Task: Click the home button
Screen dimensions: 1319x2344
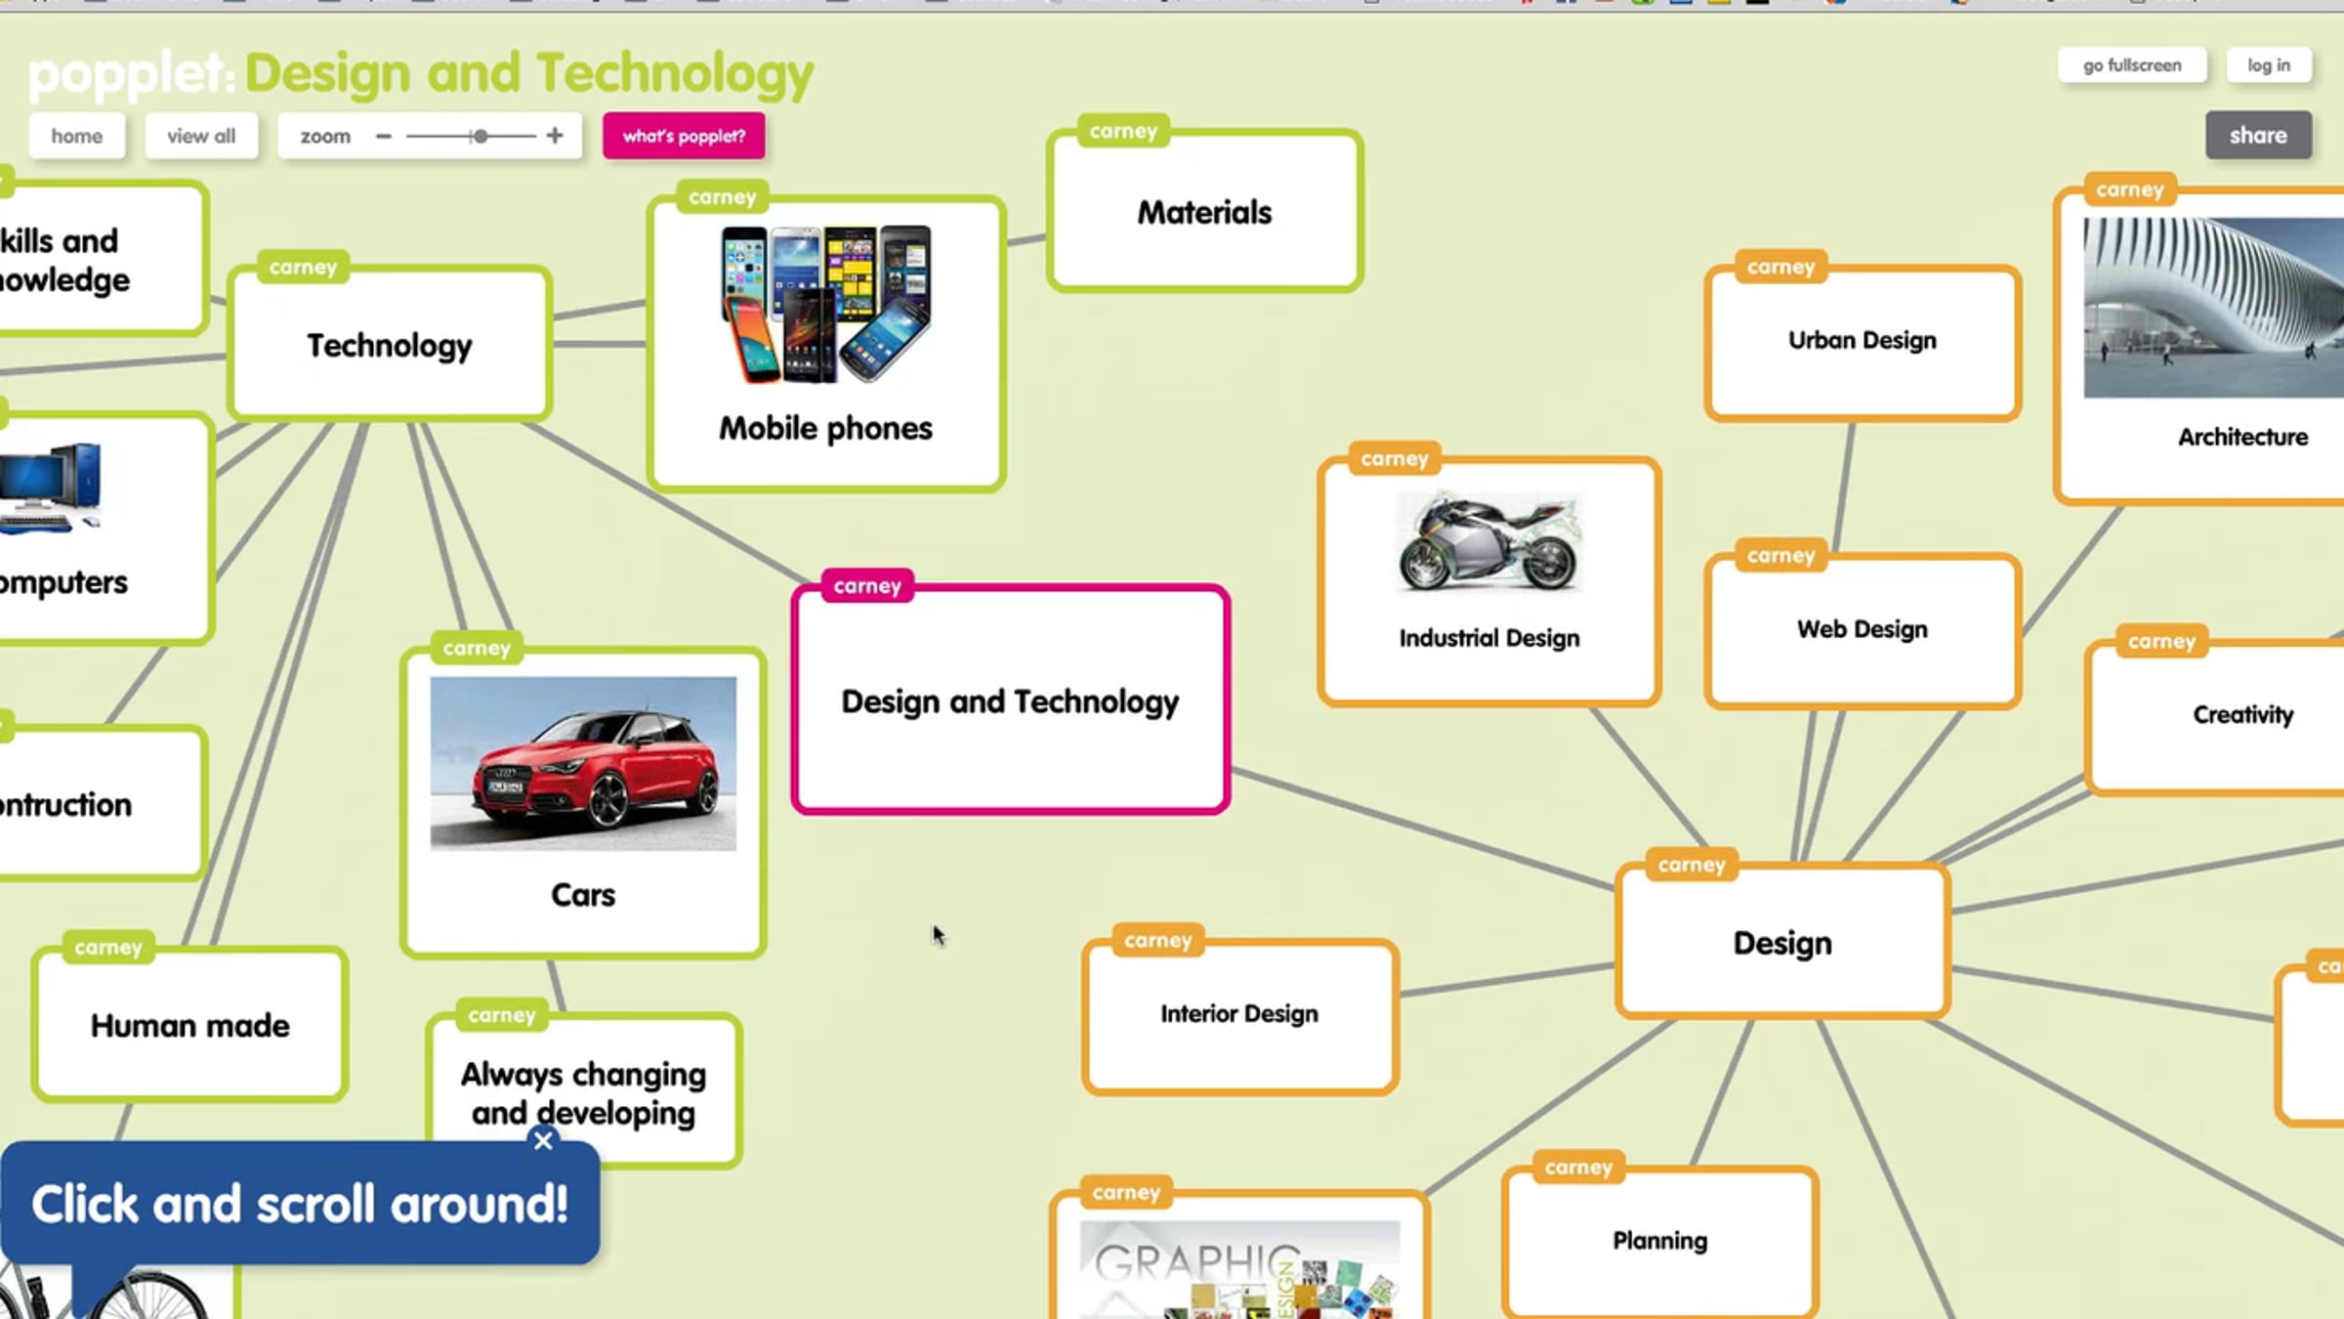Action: (x=76, y=136)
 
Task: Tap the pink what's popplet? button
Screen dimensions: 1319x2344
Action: (x=684, y=136)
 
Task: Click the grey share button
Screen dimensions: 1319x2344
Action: (x=2257, y=135)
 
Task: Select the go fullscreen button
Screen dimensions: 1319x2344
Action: (x=2131, y=65)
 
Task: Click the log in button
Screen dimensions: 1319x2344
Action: (x=2268, y=65)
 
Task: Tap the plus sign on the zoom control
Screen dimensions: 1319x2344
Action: (x=555, y=136)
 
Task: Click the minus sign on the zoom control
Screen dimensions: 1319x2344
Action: (x=384, y=136)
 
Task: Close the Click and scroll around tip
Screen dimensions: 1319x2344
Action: (x=543, y=1140)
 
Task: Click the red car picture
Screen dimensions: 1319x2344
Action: (x=583, y=763)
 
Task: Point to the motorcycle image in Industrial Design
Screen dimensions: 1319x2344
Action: (x=1488, y=542)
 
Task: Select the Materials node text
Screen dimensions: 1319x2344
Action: (x=1204, y=213)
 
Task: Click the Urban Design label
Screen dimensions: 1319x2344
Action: (x=1862, y=340)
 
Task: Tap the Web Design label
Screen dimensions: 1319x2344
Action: (x=1862, y=629)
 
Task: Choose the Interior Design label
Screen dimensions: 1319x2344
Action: (x=1238, y=1014)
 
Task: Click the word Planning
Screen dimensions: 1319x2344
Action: (x=1659, y=1241)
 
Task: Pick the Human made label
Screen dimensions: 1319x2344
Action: (x=190, y=1026)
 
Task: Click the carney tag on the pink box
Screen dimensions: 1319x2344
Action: (x=867, y=585)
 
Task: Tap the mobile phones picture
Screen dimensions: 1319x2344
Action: (x=826, y=304)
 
